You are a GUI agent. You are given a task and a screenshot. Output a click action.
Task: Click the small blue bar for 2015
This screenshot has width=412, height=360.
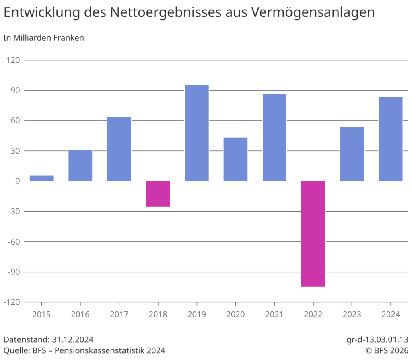[41, 178]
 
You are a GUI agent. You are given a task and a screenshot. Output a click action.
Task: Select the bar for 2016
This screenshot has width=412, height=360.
[80, 165]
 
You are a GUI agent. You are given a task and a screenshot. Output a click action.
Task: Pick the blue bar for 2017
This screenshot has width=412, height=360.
[119, 149]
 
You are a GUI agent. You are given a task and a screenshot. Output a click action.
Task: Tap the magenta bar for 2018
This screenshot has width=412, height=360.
[158, 194]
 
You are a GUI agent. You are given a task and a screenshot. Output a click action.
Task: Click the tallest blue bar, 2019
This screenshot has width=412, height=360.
[197, 133]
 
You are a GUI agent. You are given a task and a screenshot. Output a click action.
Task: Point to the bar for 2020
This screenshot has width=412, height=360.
[235, 159]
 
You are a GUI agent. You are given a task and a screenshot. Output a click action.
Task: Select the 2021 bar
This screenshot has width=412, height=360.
[274, 138]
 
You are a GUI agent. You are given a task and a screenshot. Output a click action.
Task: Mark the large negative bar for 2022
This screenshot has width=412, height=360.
[313, 234]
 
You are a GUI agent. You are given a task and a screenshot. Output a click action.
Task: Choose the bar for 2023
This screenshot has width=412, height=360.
[352, 154]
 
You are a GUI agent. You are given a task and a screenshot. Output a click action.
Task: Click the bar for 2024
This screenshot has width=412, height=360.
[391, 139]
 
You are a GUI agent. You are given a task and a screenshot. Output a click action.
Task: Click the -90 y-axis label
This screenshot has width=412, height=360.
[12, 272]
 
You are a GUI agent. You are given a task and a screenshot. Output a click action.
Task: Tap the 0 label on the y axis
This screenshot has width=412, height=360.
[18, 181]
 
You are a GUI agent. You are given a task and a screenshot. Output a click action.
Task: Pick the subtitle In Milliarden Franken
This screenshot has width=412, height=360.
[43, 38]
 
